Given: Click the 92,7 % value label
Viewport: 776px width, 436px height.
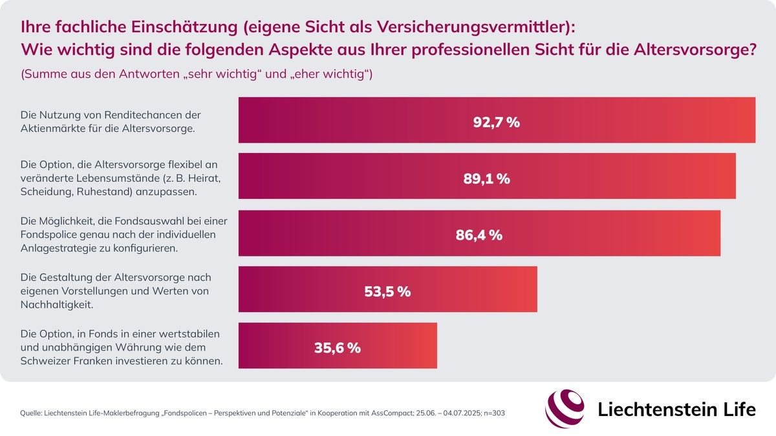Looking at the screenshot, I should [496, 121].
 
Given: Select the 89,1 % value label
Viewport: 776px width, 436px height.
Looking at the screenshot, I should [486, 178].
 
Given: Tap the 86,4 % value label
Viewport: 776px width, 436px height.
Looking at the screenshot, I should [479, 235].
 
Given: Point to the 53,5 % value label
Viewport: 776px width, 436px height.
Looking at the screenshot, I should [387, 291].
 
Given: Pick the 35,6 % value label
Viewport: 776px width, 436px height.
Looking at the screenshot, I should [337, 348].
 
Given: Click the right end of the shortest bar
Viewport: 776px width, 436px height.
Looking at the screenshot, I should [435, 346].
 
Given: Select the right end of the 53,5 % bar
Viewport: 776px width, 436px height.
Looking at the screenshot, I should [535, 289].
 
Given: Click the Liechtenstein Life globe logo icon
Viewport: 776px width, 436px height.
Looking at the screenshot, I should [565, 408].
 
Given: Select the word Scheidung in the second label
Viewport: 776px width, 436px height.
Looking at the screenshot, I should [46, 191].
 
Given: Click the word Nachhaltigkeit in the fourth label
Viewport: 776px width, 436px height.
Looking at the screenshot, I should [56, 304].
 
